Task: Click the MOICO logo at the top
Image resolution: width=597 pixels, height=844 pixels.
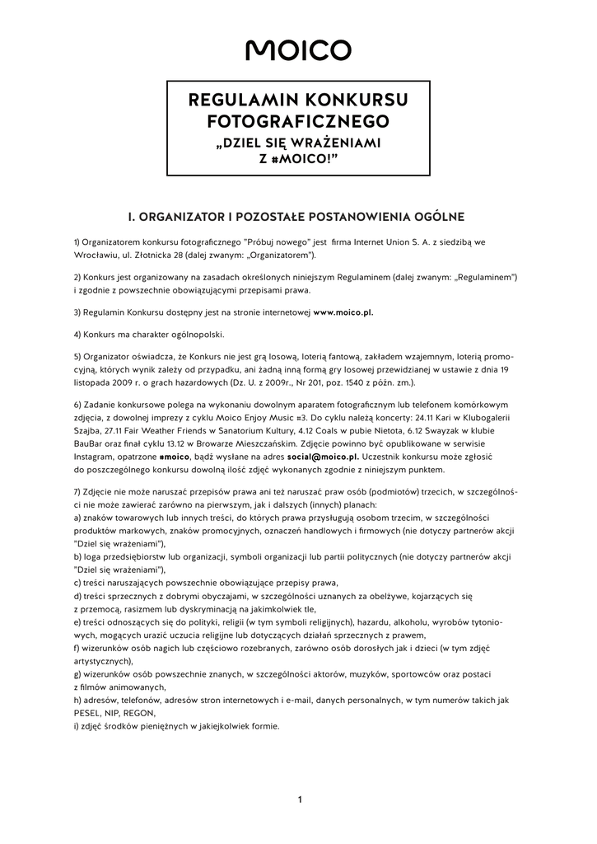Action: (298, 50)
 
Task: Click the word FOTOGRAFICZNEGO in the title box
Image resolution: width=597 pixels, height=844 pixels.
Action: (298, 122)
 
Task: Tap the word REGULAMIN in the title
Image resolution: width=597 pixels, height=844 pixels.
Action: (240, 101)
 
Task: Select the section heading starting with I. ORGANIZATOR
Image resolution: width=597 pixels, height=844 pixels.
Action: (297, 217)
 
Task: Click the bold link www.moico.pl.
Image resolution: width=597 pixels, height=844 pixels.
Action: (343, 313)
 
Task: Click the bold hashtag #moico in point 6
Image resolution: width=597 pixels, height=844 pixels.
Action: (175, 456)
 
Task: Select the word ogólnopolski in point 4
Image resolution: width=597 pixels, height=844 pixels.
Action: (196, 335)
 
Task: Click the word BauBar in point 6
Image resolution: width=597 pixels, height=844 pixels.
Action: (90, 443)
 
